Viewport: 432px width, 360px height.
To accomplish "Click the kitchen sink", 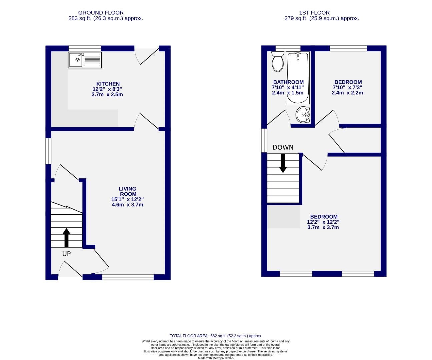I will pos(85,60).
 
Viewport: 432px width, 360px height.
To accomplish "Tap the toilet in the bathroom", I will pos(277,62).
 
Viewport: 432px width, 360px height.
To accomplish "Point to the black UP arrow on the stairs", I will pos(66,237).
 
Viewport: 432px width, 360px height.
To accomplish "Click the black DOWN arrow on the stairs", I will pos(283,163).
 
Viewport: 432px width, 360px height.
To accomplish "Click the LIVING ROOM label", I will pos(128,191).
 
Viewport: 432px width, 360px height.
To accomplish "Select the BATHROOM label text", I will pos(288,82).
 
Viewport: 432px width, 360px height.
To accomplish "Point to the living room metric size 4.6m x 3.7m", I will pos(128,205).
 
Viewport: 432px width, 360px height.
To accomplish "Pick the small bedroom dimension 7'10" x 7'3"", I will pos(347,87).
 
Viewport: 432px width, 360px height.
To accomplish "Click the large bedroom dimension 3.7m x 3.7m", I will pos(323,227).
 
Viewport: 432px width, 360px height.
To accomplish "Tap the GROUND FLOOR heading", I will pos(101,13).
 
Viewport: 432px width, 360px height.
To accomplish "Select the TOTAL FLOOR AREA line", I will pos(216,336).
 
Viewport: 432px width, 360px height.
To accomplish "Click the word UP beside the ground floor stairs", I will pos(66,254).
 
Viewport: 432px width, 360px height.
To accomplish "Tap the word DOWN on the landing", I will pos(283,147).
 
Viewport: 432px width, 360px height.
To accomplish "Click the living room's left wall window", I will pos(48,151).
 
